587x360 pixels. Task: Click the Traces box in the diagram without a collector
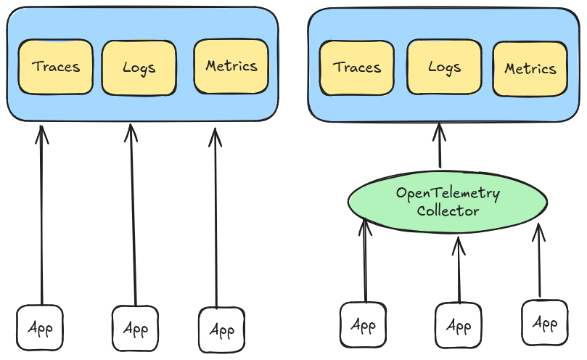click(55, 67)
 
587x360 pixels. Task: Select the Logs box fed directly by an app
click(139, 67)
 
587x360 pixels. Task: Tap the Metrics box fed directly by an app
click(231, 66)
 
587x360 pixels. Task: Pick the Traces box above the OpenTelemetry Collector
click(357, 67)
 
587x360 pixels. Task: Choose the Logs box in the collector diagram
click(444, 67)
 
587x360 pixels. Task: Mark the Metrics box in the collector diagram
click(530, 69)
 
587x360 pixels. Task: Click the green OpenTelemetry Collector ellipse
click(447, 202)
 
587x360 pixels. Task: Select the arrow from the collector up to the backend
click(439, 147)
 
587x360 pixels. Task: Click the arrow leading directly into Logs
click(133, 214)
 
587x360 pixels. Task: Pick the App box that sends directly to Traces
click(40, 327)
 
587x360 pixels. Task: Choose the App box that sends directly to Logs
click(135, 328)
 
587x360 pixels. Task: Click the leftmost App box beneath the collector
click(364, 324)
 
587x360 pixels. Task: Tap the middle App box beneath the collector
click(459, 326)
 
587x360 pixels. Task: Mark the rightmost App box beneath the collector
click(544, 322)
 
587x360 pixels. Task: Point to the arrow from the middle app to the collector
click(458, 269)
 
